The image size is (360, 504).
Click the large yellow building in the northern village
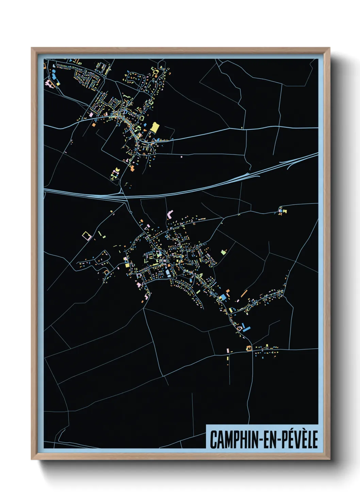[x=154, y=128]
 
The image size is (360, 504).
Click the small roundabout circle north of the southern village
[x=131, y=212]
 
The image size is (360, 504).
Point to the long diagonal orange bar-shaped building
[x=244, y=293]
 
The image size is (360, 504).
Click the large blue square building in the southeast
[x=223, y=297]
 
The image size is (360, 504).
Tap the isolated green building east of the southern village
[x=223, y=252]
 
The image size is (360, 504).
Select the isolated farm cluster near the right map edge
[x=282, y=210]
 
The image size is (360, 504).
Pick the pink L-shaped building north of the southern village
[x=170, y=215]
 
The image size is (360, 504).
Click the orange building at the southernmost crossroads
[x=249, y=348]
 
